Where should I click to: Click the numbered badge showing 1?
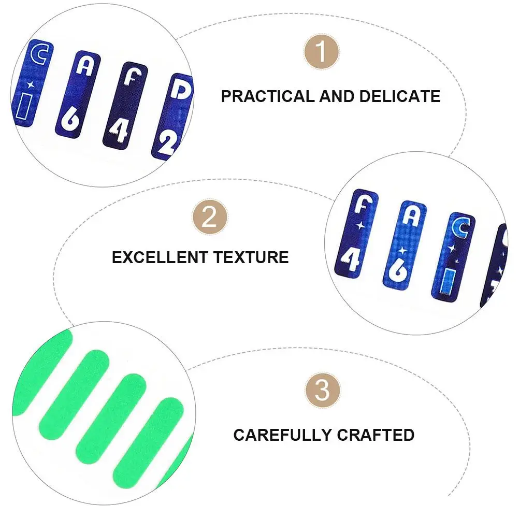pos(321,52)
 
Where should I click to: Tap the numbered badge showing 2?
pos(209,217)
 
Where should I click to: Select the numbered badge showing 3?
pos(322,390)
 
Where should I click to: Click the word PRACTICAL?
pos(268,96)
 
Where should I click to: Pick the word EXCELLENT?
pos(160,257)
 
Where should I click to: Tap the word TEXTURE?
pos(251,257)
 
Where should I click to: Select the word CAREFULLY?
pos(282,435)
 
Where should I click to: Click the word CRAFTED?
pos(376,435)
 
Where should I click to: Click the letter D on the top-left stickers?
pos(180,89)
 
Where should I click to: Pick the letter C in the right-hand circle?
pos(461,227)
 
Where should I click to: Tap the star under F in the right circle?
pos(360,226)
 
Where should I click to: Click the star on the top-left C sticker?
pos(31,84)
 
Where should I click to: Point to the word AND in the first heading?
pos(337,96)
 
